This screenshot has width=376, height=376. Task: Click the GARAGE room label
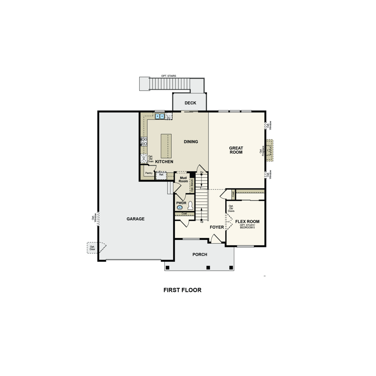(x=136, y=219)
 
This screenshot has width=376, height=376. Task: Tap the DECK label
(x=190, y=103)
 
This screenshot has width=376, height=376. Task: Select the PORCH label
(x=200, y=254)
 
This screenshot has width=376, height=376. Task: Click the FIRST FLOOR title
(x=182, y=290)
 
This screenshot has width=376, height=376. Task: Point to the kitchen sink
(x=159, y=116)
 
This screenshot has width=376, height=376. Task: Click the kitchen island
(x=166, y=145)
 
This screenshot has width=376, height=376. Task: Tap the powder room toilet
(x=190, y=206)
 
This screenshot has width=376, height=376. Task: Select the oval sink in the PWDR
(x=180, y=207)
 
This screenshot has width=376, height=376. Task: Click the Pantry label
(x=149, y=173)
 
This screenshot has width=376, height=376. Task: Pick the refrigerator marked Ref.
(x=161, y=175)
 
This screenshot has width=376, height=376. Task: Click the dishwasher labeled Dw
(x=169, y=117)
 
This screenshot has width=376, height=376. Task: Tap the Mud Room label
(x=183, y=179)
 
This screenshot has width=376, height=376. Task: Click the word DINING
(x=191, y=142)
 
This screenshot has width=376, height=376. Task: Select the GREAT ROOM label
(x=236, y=150)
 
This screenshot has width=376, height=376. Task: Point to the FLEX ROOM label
(x=247, y=222)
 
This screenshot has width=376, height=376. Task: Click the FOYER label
(x=216, y=227)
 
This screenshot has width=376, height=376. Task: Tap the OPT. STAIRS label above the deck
(x=169, y=76)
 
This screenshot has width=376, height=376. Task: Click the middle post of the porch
(x=207, y=267)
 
